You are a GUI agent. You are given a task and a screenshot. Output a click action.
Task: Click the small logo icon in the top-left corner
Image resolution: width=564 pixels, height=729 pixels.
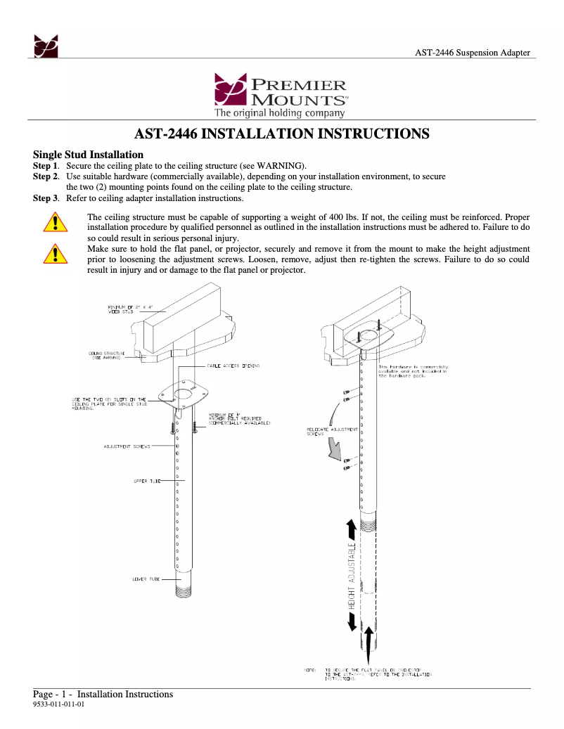tap(46, 46)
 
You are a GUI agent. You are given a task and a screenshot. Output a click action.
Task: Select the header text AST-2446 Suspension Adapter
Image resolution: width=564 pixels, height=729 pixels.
tap(472, 53)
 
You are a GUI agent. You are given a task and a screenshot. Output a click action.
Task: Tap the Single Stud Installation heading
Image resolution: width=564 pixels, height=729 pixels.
tap(89, 155)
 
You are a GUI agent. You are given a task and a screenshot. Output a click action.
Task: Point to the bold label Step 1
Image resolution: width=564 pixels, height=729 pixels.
tap(46, 166)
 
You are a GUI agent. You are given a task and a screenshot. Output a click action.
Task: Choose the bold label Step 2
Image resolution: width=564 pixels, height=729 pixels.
tap(46, 176)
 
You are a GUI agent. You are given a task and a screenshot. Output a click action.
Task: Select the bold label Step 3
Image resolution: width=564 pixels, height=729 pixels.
tap(46, 198)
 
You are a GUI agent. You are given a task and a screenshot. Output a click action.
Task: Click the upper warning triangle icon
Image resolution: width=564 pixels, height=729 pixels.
tap(54, 224)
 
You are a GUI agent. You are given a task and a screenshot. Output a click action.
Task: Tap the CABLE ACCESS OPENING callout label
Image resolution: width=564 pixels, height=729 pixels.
tap(233, 366)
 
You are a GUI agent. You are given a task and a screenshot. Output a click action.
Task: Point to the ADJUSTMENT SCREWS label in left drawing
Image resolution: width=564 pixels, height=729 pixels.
tap(127, 446)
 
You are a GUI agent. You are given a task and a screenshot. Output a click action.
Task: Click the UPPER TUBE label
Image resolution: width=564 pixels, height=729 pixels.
tap(146, 481)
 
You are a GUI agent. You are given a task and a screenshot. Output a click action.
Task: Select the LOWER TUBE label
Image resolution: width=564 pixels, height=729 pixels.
tap(146, 579)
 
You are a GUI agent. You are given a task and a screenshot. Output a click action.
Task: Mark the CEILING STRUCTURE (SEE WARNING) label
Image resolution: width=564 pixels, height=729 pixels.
tap(107, 355)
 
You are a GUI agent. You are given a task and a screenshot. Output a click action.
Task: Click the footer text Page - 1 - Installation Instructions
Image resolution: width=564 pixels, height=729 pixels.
tap(103, 695)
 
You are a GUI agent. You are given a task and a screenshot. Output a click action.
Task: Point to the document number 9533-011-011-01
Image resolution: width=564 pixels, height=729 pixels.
tap(59, 704)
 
